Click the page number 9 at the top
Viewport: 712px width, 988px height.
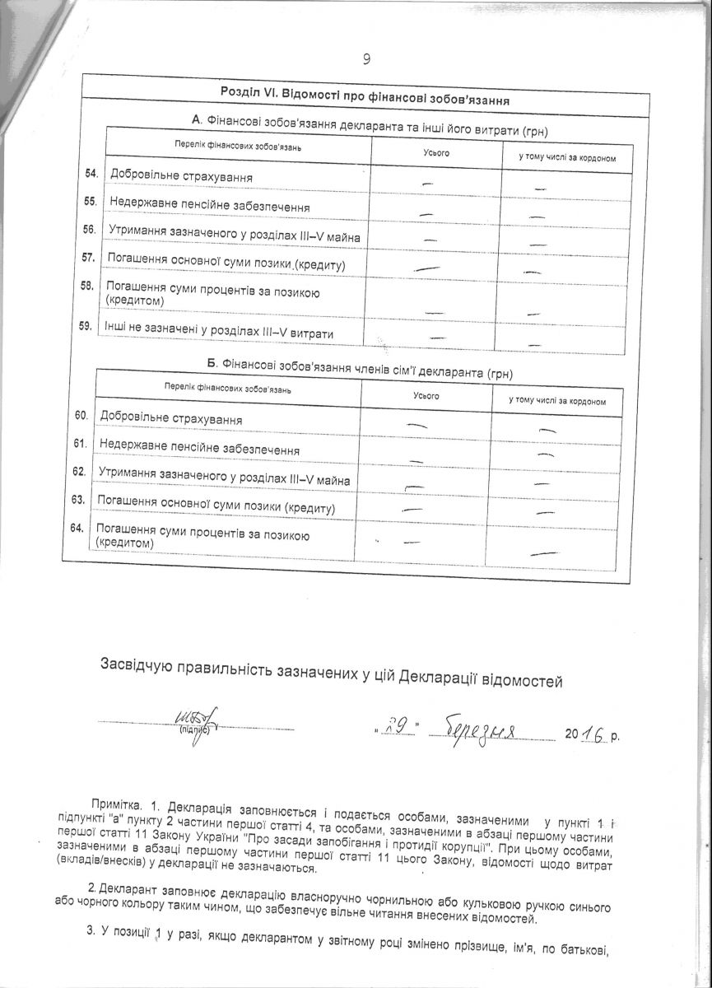[x=367, y=58]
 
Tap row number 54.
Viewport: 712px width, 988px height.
[x=91, y=173]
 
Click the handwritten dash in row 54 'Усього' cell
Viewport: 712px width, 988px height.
[x=427, y=182]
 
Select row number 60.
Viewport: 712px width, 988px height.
[x=81, y=416]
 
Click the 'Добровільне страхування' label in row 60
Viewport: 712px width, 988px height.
[x=170, y=419]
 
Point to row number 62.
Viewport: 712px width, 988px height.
[x=80, y=471]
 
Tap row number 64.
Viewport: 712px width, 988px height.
[x=78, y=528]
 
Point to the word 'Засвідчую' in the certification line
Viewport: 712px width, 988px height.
[x=136, y=664]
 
